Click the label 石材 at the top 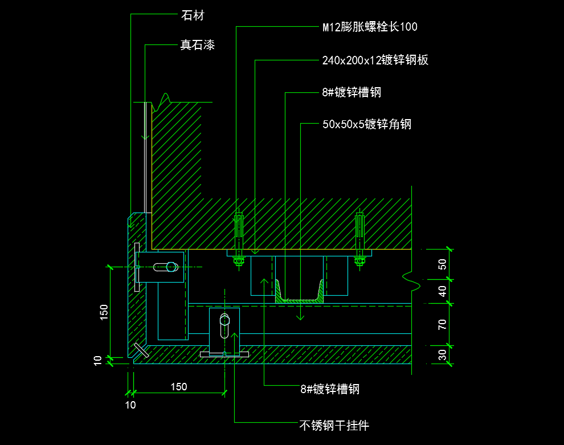tap(193, 15)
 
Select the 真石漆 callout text tap(198, 45)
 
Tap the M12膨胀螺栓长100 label tap(370, 27)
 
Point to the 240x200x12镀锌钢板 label tap(375, 60)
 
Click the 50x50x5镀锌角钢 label tap(367, 124)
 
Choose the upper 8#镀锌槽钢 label tap(352, 92)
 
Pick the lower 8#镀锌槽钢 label tap(330, 389)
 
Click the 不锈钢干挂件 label tap(334, 426)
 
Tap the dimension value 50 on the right tap(443, 264)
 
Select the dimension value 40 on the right tap(443, 291)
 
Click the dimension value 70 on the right tap(443, 324)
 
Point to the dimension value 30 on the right tap(443, 355)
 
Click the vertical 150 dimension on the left tap(104, 312)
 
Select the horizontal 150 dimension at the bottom tap(179, 387)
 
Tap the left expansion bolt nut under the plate tap(239, 261)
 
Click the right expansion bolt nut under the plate tap(359, 261)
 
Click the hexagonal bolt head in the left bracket tap(172, 267)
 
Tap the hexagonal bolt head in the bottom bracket tap(225, 320)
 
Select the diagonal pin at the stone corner tap(141, 350)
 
